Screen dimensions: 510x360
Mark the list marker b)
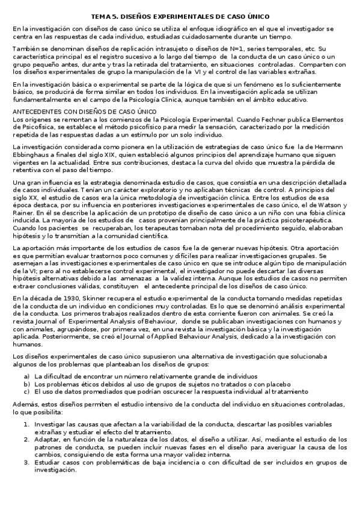26,383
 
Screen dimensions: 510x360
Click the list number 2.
26,440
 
